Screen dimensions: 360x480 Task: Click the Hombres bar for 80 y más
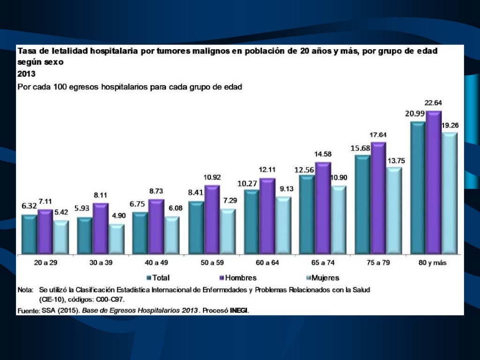(x=434, y=183)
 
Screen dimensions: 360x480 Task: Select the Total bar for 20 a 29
(x=29, y=235)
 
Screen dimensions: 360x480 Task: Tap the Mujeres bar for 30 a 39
(x=117, y=240)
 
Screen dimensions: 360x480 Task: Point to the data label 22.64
(x=433, y=103)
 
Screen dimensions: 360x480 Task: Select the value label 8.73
(x=156, y=191)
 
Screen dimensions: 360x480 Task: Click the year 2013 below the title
(x=26, y=74)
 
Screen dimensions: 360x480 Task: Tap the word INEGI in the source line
(x=239, y=310)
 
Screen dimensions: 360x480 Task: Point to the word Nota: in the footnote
(x=25, y=290)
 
